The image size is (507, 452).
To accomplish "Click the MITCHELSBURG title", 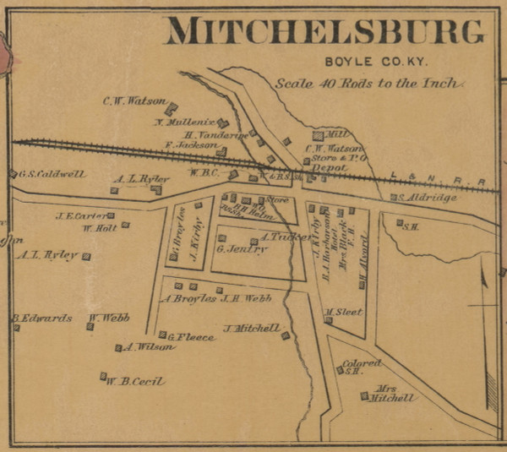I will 325,31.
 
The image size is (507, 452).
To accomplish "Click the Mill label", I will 336,133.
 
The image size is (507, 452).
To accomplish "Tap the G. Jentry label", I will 242,249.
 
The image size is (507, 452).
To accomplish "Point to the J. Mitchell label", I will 251,328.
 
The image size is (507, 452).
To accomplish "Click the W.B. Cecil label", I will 134,381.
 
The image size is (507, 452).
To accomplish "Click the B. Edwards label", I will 41,319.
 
